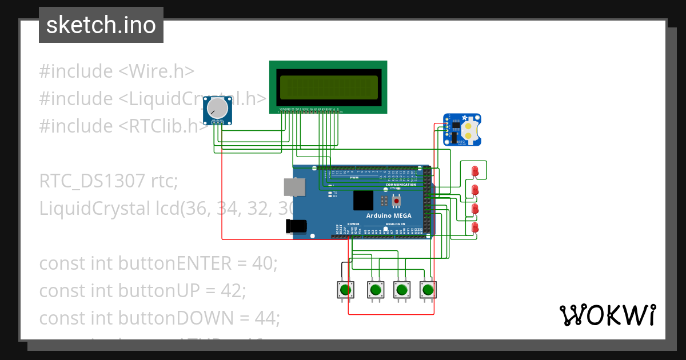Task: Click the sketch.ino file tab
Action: [101, 25]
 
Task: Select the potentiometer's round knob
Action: [217, 107]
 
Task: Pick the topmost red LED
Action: [474, 171]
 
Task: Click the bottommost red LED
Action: [474, 228]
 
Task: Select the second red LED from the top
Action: [474, 190]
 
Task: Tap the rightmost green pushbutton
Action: [428, 290]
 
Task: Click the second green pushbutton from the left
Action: [375, 290]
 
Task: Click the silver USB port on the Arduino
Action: [294, 187]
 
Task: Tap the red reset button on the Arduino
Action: [396, 201]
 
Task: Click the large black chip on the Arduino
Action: [364, 201]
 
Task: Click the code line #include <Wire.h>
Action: [117, 71]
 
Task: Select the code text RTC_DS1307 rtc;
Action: [109, 181]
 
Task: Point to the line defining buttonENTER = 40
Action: [158, 263]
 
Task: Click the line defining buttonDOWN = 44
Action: [159, 318]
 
